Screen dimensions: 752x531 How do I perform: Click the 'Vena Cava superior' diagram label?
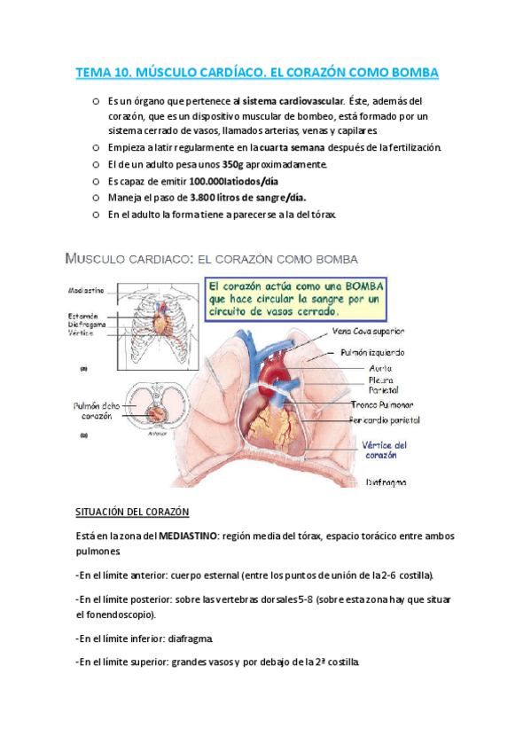click(367, 331)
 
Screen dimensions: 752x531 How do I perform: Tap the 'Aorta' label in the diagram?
click(380, 367)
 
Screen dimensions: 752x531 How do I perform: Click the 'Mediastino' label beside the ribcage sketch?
click(85, 290)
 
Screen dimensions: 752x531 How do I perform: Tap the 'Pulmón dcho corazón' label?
click(91, 411)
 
